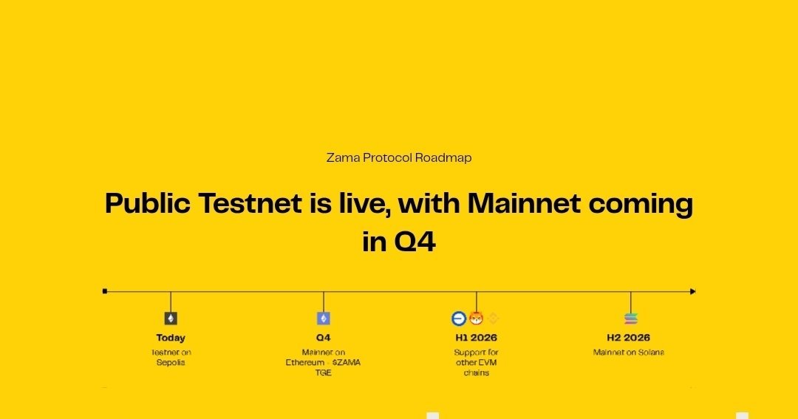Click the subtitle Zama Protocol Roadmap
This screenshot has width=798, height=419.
[x=399, y=158]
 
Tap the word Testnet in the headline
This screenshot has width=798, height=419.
[x=250, y=203]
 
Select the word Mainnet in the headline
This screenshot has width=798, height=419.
[x=524, y=203]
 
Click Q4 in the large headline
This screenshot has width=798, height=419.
[x=415, y=242]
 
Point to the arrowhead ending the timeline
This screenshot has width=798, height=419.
[x=692, y=291]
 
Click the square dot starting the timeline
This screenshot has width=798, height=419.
[x=105, y=291]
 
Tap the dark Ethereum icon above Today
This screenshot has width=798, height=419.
[x=171, y=318]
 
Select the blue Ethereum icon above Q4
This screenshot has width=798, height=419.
[x=323, y=318]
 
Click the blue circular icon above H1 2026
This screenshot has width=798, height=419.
[x=459, y=318]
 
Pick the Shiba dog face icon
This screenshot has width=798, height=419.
[x=476, y=318]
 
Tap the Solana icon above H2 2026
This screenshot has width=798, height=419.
[x=630, y=318]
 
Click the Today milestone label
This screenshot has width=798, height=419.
[x=171, y=338]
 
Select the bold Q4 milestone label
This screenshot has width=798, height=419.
[x=323, y=338]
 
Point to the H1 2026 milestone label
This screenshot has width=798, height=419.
[x=476, y=338]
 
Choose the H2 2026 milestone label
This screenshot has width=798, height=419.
[x=629, y=338]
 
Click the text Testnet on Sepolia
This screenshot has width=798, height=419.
[x=171, y=358]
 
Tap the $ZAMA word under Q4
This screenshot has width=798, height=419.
[x=346, y=363]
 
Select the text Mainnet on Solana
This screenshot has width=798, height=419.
[x=629, y=352]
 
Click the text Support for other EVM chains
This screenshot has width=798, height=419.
[x=476, y=363]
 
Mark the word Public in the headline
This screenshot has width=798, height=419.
[x=148, y=203]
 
